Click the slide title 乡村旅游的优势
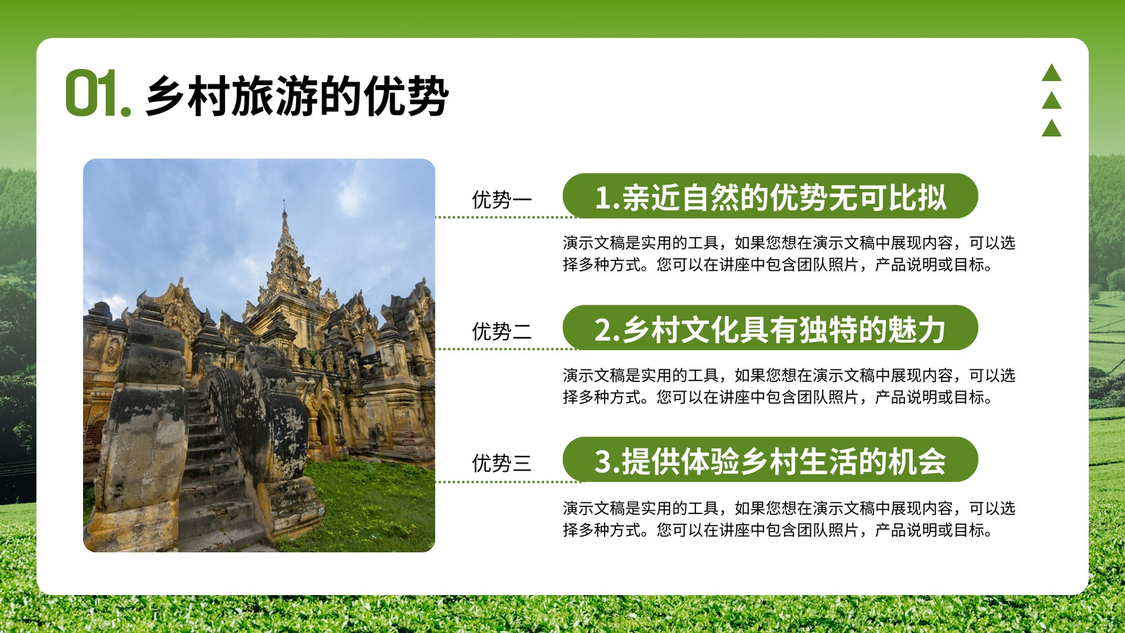[x=297, y=96]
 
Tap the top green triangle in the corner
[x=1051, y=73]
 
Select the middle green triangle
[x=1051, y=101]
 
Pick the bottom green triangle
[x=1051, y=128]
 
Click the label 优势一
[x=501, y=200]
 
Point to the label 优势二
[x=501, y=331]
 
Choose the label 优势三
[x=501, y=463]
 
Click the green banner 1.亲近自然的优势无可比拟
[x=770, y=196]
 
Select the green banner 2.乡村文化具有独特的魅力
[x=770, y=328]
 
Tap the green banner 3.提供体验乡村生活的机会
[x=770, y=459]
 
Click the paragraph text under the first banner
[x=788, y=254]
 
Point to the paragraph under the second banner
[x=788, y=386]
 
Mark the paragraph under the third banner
[x=788, y=518]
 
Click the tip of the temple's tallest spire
[x=284, y=200]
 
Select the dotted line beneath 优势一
[x=506, y=217]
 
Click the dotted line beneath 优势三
[x=509, y=482]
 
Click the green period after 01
[x=126, y=111]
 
